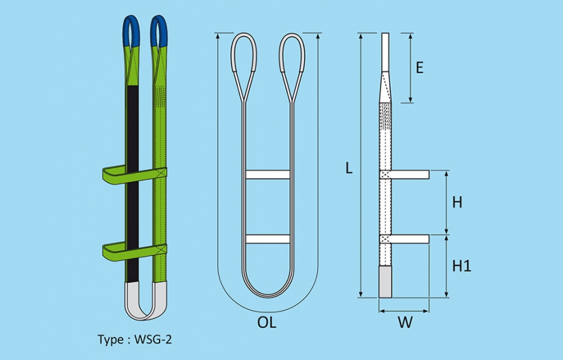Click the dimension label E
419,68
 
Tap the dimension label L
349,168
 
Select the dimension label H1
462,266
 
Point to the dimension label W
405,322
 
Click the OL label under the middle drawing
267,322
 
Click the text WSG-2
153,339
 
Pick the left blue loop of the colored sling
131,31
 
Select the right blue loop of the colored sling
159,31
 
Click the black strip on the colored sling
133,183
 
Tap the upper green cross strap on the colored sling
134,175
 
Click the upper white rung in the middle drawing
268,175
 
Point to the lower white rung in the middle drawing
268,239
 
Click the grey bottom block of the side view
385,282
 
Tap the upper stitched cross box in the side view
385,175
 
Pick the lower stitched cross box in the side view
385,239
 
